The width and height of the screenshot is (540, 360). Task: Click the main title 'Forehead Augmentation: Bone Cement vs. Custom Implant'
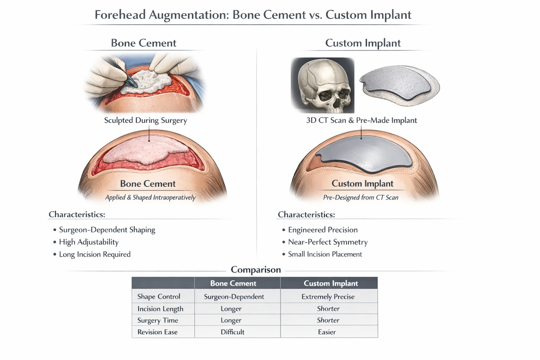tap(253, 15)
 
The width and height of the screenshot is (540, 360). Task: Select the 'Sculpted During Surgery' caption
tap(146, 120)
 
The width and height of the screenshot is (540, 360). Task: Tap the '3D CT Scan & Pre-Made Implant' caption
tap(361, 120)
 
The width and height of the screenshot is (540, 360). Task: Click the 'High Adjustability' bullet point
tap(89, 242)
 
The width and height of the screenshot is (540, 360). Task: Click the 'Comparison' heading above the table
tap(256, 270)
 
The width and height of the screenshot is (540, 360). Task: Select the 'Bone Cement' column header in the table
tap(233, 283)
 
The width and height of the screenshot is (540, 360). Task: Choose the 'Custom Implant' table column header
tap(331, 283)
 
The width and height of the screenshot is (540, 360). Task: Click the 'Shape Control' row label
tap(159, 297)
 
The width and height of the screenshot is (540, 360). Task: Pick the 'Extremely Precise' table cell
tap(328, 297)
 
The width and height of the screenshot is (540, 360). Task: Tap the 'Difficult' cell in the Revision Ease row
tap(232, 332)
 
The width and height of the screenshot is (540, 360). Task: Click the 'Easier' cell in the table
tap(327, 332)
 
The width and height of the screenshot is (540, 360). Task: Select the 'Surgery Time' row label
tap(157, 320)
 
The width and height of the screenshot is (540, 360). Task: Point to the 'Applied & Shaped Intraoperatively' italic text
tap(150, 198)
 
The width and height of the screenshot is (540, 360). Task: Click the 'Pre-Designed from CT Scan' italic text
tap(361, 198)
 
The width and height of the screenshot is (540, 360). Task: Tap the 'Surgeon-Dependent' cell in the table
tap(234, 297)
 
